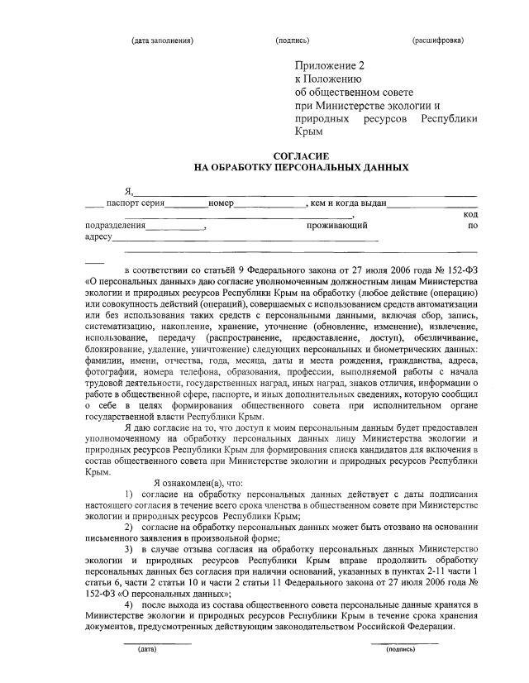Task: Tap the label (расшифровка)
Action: (438, 41)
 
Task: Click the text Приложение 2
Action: (329, 65)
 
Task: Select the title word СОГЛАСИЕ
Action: (302, 155)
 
